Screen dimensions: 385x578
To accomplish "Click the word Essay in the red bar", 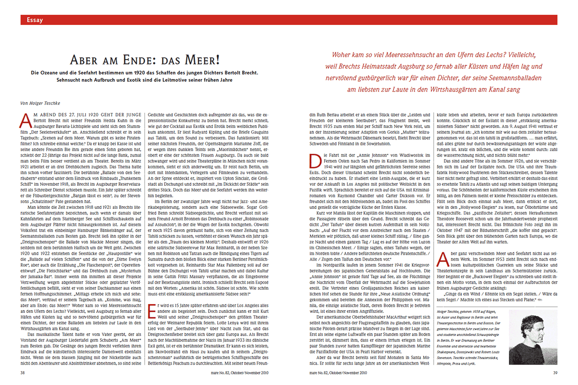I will click(35, 20).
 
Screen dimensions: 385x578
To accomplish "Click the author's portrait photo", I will click(532, 337).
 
